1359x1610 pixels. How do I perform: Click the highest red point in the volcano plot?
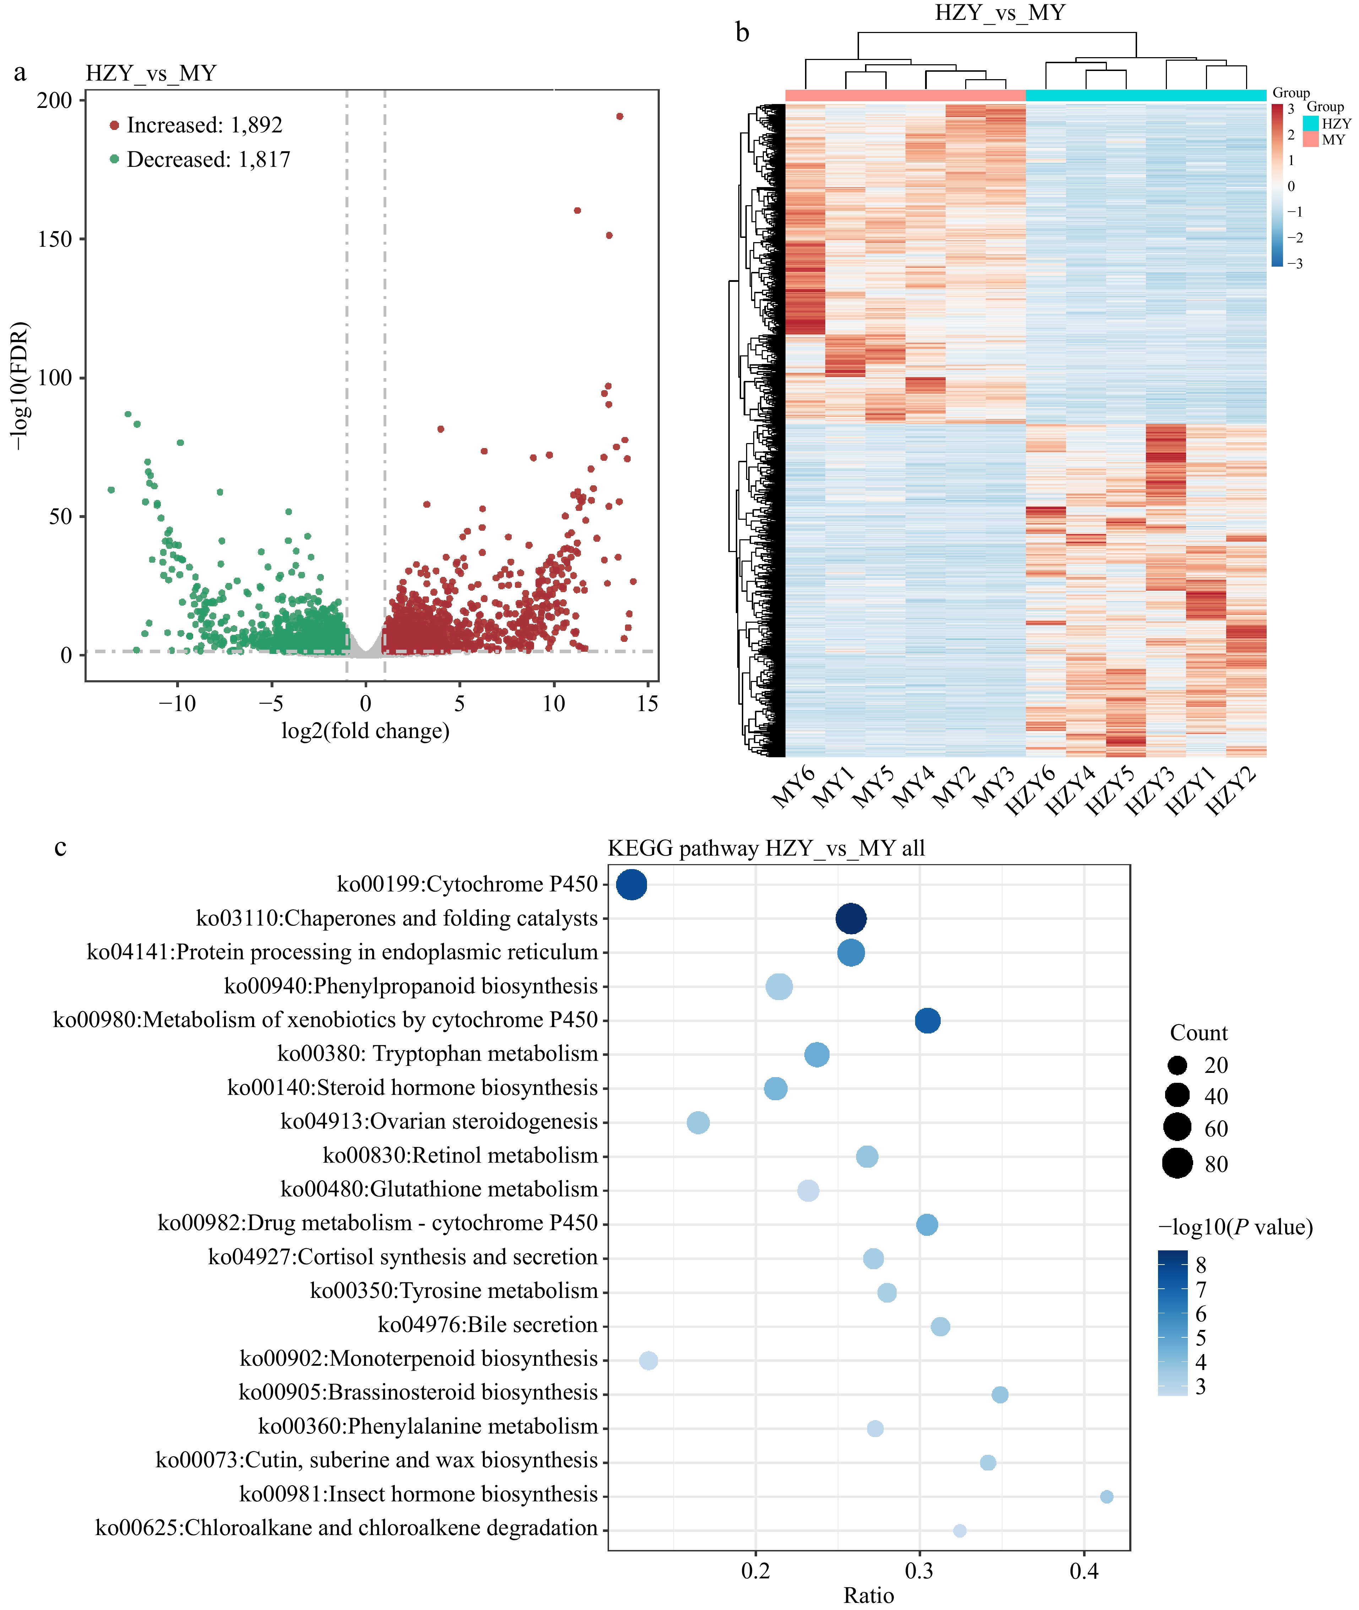(619, 116)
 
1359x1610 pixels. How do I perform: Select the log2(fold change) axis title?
(365, 730)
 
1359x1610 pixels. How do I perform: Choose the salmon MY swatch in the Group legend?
(1310, 140)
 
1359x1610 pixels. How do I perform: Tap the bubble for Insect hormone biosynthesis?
(1106, 1496)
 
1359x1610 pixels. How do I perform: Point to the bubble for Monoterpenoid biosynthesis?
(649, 1360)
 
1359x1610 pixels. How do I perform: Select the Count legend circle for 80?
(1177, 1163)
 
